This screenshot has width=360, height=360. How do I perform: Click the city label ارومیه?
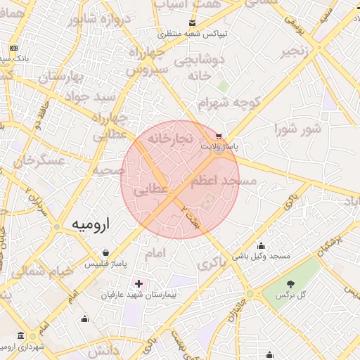tap(92, 224)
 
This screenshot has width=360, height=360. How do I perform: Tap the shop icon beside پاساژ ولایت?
tap(220, 136)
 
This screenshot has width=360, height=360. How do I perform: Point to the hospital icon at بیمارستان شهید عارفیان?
tap(139, 284)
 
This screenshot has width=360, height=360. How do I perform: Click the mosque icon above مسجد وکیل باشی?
tap(262, 246)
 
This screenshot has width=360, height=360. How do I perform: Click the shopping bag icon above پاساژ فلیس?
tap(105, 253)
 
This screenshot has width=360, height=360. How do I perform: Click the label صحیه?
tap(108, 170)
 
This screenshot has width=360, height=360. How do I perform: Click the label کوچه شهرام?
tap(229, 104)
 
